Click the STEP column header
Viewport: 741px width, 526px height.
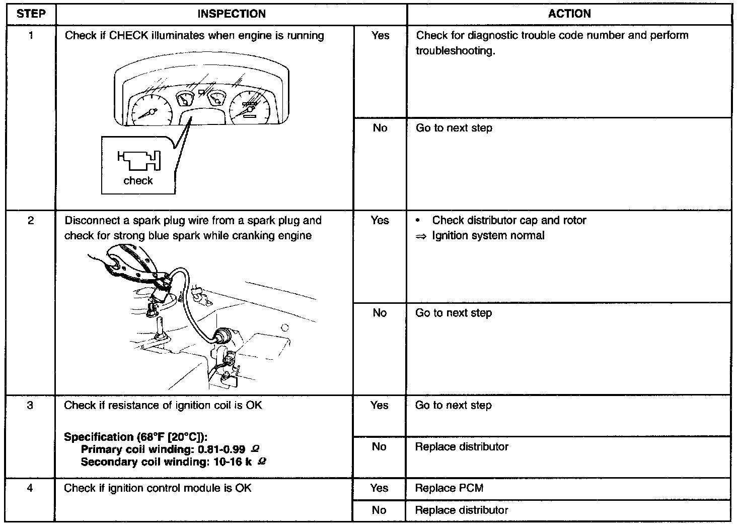(x=30, y=14)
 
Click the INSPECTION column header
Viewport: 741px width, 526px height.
(x=231, y=14)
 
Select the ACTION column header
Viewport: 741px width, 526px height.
(x=569, y=14)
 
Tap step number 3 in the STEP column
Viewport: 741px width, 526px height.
(x=30, y=405)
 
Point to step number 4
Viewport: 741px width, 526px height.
(x=30, y=488)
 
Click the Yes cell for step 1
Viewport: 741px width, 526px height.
(x=380, y=35)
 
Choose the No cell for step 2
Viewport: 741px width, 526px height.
(x=380, y=313)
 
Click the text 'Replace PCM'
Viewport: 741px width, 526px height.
(x=449, y=488)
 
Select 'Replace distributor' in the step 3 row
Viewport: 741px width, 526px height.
(x=462, y=446)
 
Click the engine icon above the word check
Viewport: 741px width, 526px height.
(x=139, y=161)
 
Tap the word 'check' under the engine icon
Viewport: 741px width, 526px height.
(x=138, y=180)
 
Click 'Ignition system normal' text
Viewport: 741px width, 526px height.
(x=488, y=235)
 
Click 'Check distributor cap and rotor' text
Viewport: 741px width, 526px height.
(x=509, y=220)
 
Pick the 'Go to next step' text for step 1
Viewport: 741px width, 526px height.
(x=454, y=128)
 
